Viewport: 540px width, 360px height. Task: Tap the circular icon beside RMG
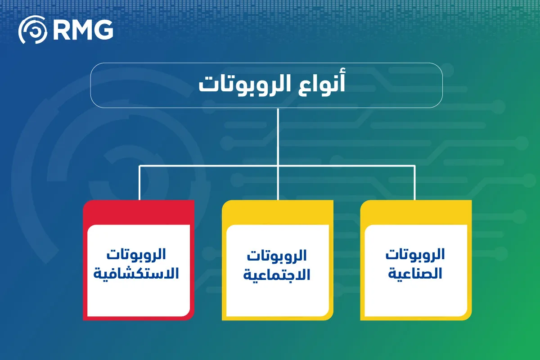pos(32,31)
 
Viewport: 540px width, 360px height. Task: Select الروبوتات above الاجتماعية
pos(277,256)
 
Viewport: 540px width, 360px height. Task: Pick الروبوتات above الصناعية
pos(415,254)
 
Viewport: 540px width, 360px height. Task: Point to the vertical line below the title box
pos(278,135)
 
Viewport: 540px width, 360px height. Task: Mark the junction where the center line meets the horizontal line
pos(278,166)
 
